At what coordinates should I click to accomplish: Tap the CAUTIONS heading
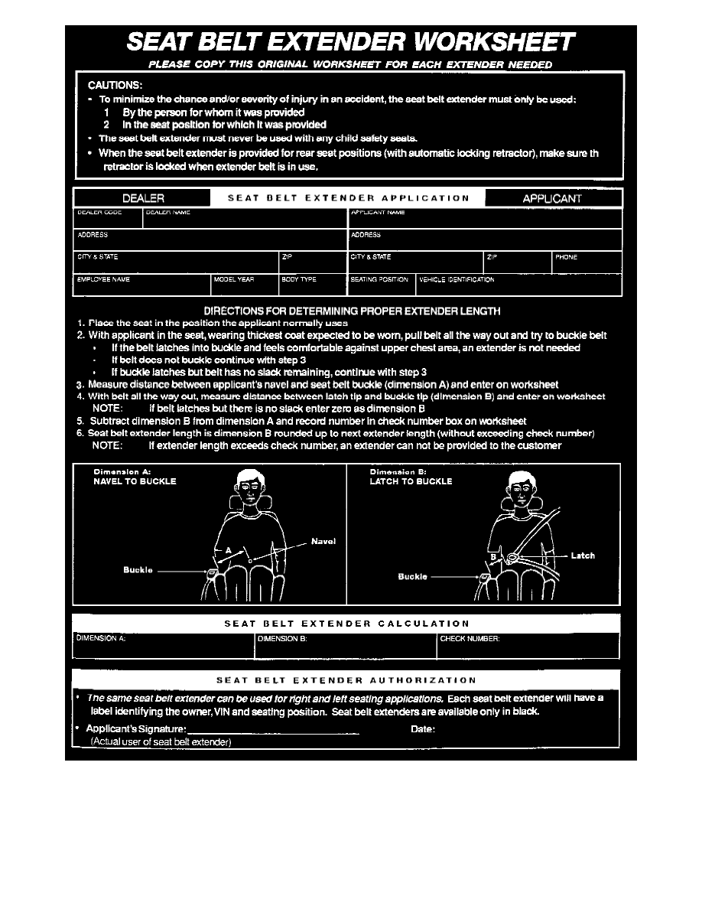click(115, 85)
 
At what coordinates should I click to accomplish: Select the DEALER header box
click(143, 198)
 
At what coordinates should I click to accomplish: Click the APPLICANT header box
click(552, 198)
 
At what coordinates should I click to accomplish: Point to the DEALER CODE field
click(108, 217)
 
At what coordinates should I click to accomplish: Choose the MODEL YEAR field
click(245, 285)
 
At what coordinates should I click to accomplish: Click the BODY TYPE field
click(313, 285)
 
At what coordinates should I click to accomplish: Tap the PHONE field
click(587, 262)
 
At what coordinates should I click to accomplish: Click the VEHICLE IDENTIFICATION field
click(518, 285)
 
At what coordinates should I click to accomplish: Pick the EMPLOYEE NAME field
click(142, 285)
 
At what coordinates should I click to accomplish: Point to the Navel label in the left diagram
click(323, 541)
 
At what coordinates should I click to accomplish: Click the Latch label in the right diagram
click(583, 555)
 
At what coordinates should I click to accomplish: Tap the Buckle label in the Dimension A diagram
click(138, 569)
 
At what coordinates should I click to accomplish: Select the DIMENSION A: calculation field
click(164, 646)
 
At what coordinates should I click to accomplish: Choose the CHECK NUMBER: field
click(528, 646)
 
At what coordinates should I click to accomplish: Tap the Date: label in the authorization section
click(423, 729)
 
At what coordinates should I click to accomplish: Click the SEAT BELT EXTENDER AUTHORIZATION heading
click(346, 679)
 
